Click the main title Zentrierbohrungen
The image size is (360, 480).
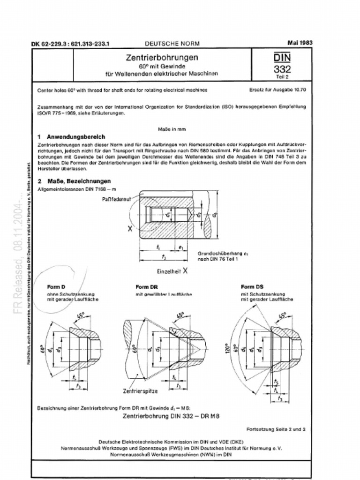click(162, 57)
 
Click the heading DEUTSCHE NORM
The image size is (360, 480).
click(172, 43)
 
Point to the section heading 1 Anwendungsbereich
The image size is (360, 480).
click(71, 137)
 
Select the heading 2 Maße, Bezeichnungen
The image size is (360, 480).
click(74, 181)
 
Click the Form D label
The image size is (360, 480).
click(56, 286)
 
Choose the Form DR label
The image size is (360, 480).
click(146, 287)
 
